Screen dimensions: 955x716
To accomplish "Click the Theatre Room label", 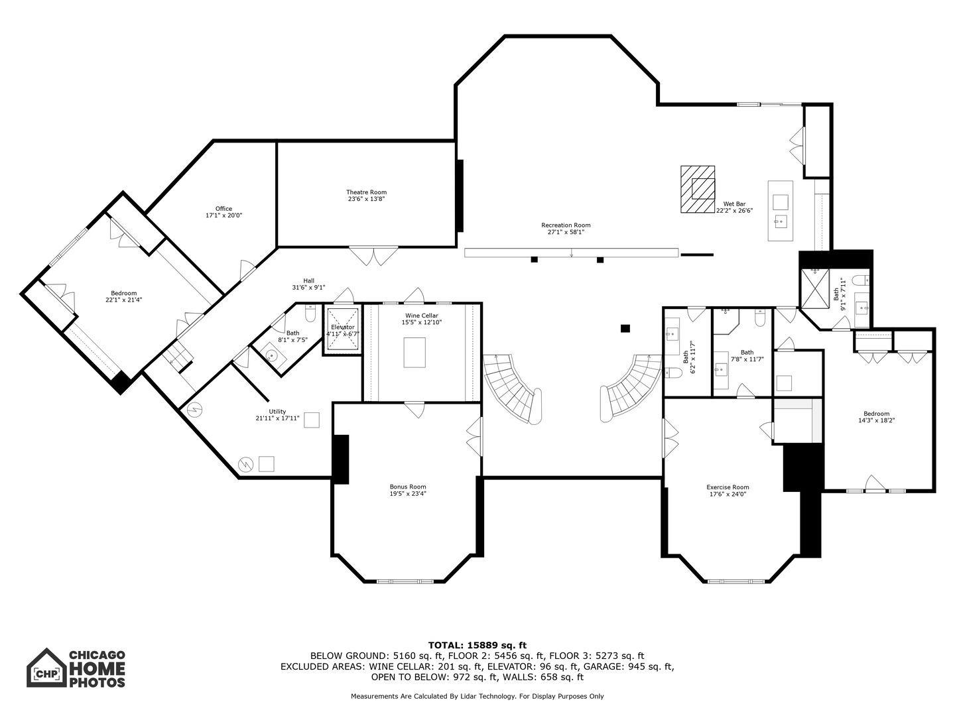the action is coord(366,195).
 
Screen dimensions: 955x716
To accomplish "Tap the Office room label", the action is coord(223,211).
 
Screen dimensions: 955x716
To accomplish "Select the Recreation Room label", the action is coord(566,228).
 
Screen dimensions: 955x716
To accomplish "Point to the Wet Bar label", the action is coord(734,207).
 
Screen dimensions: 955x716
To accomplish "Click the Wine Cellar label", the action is coord(422,319).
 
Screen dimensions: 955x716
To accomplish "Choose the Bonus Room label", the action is coord(408,490).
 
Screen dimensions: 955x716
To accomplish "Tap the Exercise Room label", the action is coord(728,491).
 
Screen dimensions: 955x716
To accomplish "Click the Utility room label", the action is coord(277,415).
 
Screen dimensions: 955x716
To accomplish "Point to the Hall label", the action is coord(308,284).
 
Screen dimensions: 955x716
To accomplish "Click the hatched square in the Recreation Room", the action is coord(698,189).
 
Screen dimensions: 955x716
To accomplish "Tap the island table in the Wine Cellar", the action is coord(414,353).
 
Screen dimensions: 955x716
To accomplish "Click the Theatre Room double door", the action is coord(373,256).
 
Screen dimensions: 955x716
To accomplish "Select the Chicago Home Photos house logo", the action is coord(46,668).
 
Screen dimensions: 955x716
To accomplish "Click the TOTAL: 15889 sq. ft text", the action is coord(477,645).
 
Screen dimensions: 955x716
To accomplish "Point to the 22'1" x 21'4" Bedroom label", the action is coord(123,296).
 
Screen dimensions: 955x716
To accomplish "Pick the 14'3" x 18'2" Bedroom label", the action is coord(876,417).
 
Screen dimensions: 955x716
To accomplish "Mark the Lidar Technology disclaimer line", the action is coord(477,696).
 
